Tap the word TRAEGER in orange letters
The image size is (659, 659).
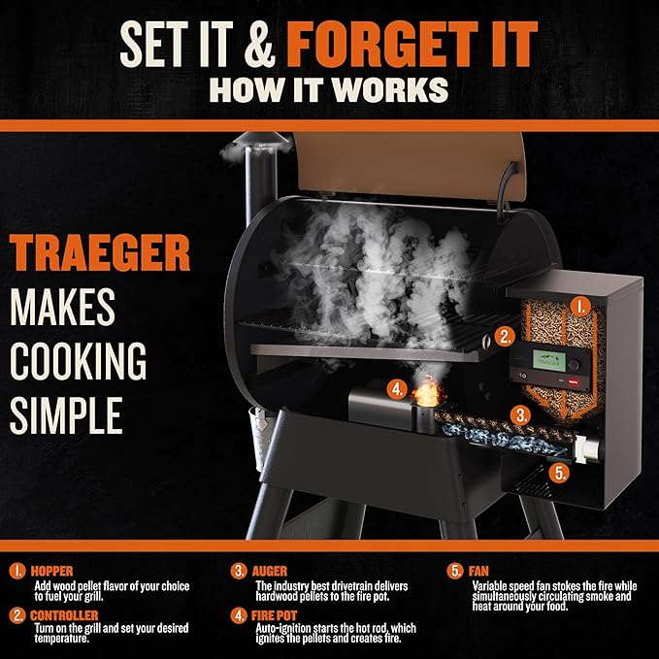100,254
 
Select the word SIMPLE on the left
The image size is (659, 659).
66,414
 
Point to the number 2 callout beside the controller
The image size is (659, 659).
505,338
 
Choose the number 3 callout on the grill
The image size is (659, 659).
522,415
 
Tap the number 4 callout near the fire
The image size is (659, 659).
396,390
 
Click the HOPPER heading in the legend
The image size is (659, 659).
51,572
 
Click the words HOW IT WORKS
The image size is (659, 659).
330,89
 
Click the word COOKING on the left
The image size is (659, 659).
79,361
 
